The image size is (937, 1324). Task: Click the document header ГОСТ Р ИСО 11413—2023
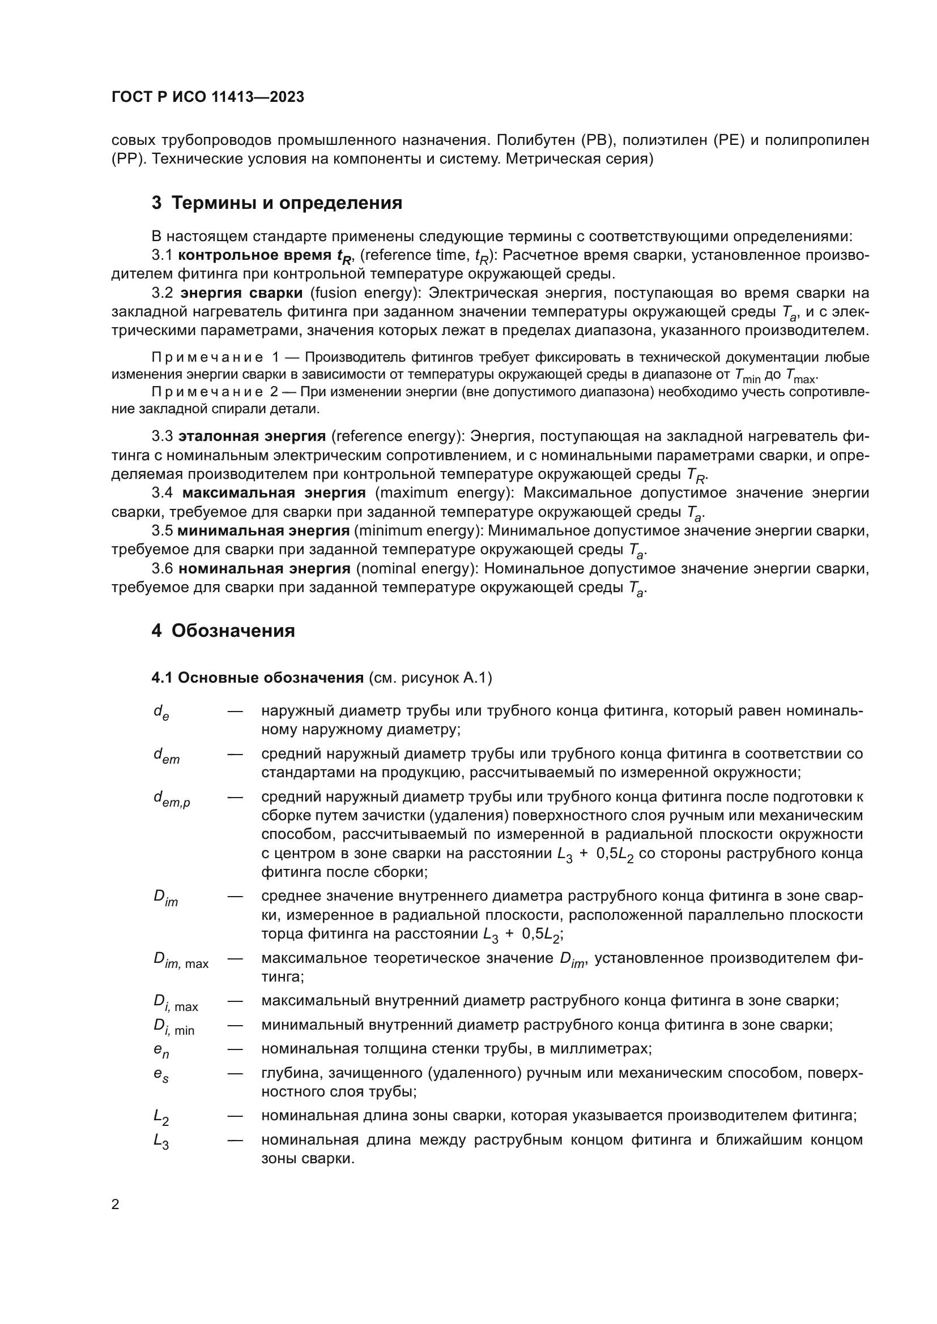coord(208,97)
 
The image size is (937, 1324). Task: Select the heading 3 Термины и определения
coord(277,203)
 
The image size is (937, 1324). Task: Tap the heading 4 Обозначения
coord(223,630)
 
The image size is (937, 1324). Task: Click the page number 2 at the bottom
coord(116,1205)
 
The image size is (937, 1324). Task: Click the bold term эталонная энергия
coord(252,436)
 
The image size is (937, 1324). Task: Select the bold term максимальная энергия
coord(274,493)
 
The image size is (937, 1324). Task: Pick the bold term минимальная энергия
coord(263,530)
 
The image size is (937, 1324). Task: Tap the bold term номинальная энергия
coord(264,568)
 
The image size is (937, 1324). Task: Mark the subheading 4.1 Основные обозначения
coord(257,678)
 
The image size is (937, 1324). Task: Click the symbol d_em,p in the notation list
coord(171,799)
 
